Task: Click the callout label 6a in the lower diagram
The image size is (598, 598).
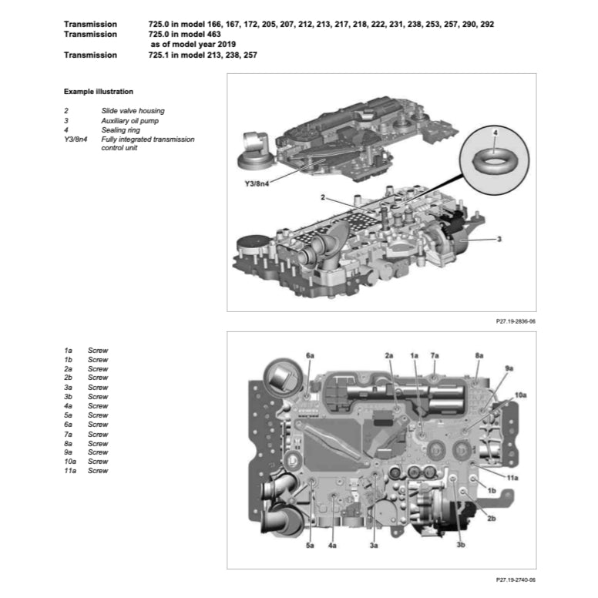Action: [x=310, y=355]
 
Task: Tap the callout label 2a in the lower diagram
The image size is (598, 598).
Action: [x=389, y=355]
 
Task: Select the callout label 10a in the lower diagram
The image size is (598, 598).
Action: [x=521, y=395]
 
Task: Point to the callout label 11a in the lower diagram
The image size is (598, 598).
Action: [x=512, y=478]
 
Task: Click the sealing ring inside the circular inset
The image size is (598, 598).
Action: [x=493, y=162]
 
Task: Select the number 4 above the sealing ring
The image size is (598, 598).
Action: [x=495, y=133]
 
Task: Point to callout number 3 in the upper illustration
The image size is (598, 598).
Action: [x=499, y=240]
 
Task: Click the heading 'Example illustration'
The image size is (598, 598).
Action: [x=98, y=92]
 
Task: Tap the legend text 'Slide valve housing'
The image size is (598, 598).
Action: [x=133, y=111]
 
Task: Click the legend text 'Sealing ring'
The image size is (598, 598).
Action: [x=121, y=130]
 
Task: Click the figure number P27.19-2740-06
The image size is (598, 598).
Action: [x=511, y=580]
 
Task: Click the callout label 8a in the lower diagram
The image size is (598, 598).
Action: [x=479, y=355]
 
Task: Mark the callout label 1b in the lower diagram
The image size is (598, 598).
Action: [x=491, y=490]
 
